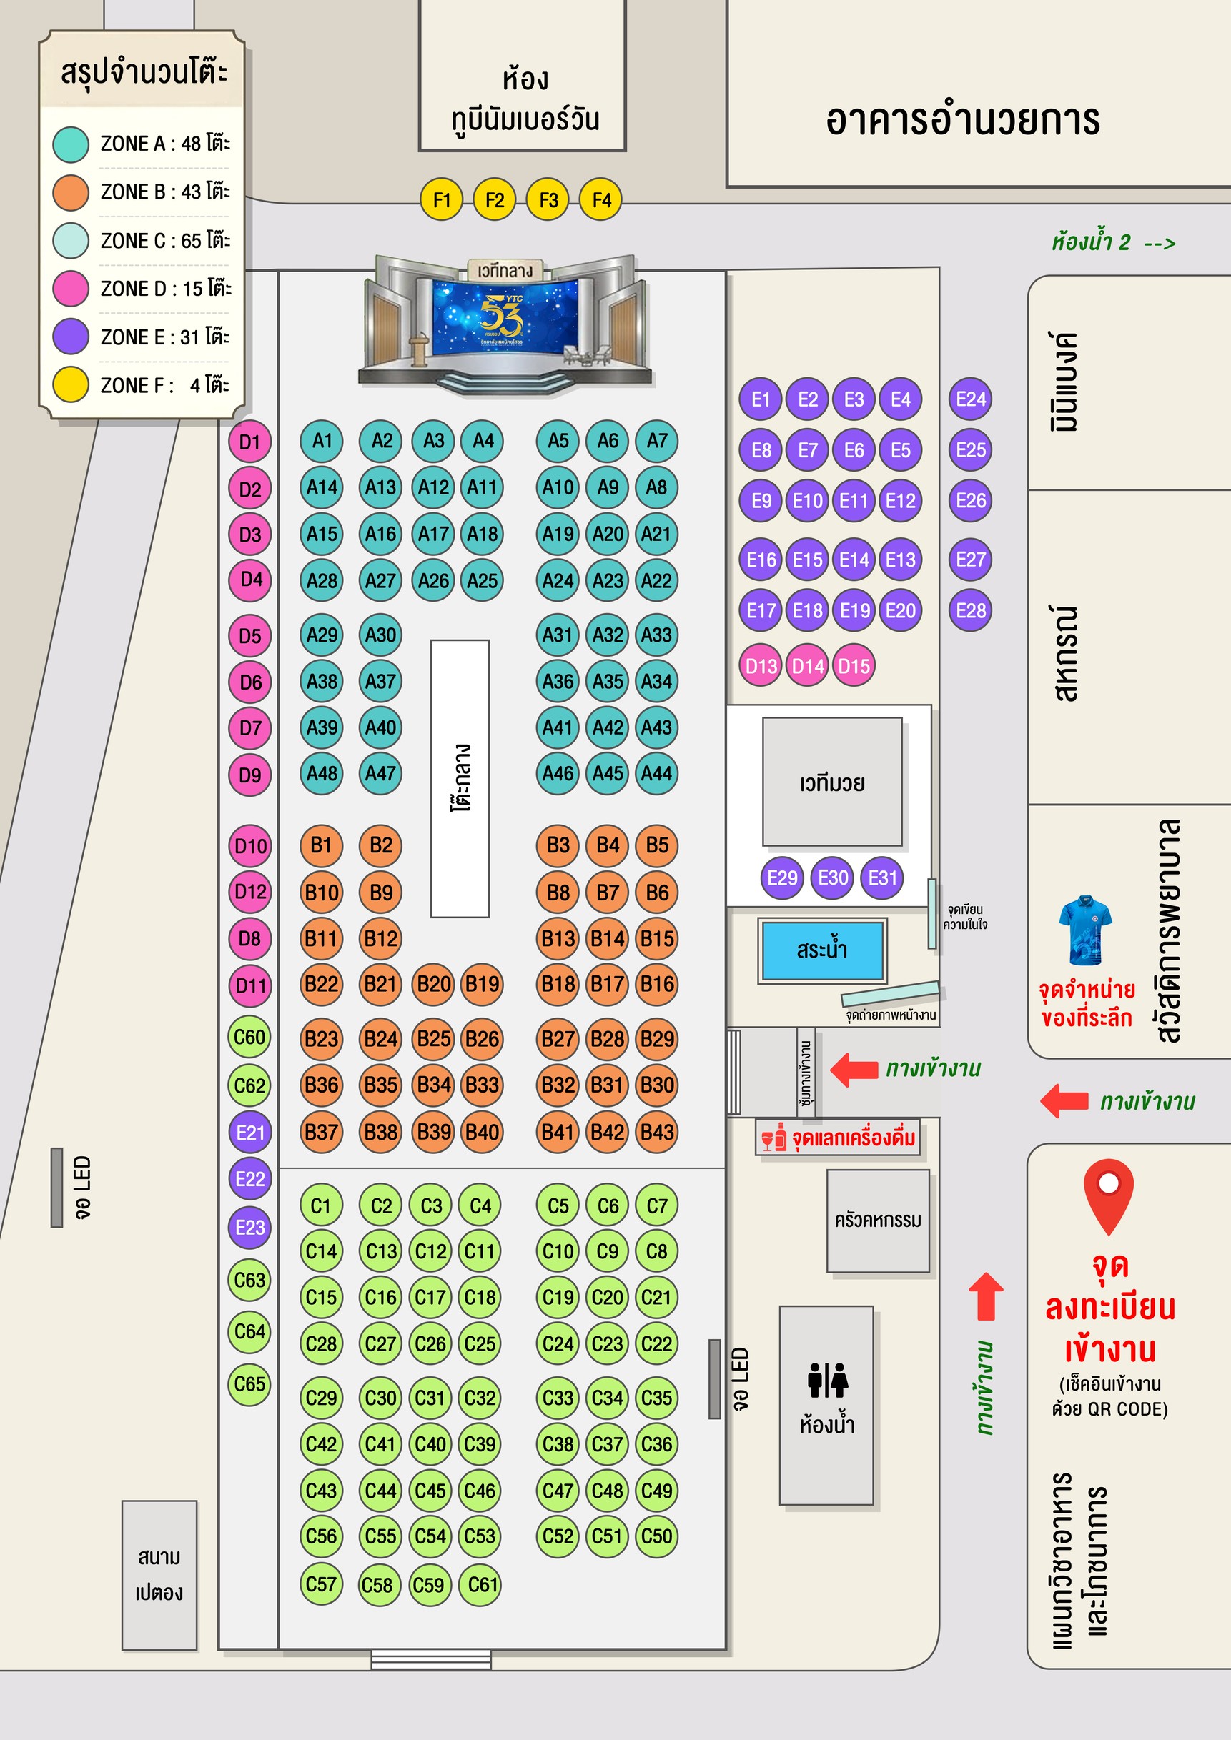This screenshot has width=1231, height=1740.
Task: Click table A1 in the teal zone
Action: (x=322, y=441)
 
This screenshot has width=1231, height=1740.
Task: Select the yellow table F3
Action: (x=548, y=200)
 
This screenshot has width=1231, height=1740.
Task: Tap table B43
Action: (x=656, y=1132)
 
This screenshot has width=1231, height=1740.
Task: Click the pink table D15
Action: (x=854, y=666)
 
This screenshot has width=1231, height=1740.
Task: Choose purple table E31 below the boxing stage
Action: (x=882, y=878)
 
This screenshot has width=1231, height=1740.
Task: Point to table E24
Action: (x=970, y=399)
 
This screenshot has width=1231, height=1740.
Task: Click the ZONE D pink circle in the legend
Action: (x=71, y=289)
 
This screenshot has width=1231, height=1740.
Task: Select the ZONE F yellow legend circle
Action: (x=71, y=385)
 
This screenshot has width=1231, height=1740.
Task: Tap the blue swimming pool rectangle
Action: (x=821, y=950)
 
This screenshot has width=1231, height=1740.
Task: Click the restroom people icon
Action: (x=827, y=1380)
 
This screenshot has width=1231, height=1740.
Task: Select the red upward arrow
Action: (x=987, y=1296)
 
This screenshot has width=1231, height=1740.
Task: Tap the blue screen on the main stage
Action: (x=505, y=317)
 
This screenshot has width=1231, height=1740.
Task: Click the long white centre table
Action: (x=460, y=778)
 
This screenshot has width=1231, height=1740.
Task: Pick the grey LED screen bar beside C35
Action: (x=714, y=1379)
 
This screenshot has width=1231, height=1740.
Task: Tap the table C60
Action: (x=249, y=1036)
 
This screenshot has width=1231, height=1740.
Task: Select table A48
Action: (x=322, y=774)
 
